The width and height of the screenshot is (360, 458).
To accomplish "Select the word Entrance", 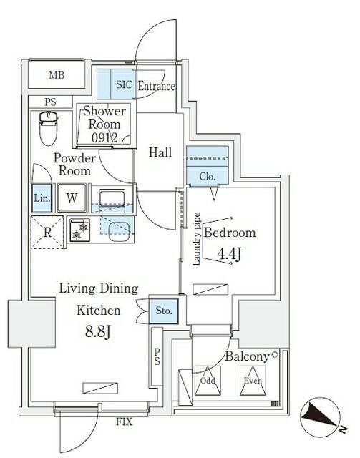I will click(x=155, y=87).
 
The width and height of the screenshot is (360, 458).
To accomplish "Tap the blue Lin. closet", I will click(x=42, y=199).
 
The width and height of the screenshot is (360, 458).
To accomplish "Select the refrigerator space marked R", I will click(x=47, y=230).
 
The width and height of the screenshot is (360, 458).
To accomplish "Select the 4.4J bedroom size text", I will click(x=229, y=254).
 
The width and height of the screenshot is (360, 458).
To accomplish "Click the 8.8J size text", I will click(x=98, y=331).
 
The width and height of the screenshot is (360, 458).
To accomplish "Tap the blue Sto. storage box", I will click(x=162, y=311).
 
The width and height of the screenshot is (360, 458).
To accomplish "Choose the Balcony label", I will click(x=246, y=356).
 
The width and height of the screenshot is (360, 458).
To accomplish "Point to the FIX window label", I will click(x=125, y=422).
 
